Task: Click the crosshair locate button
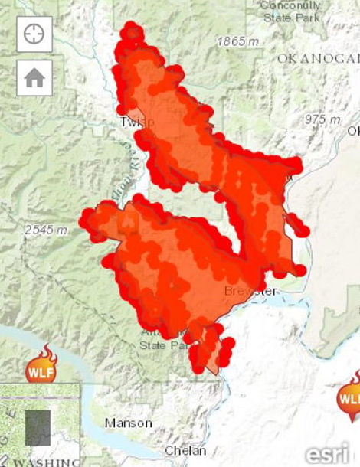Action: (x=34, y=34)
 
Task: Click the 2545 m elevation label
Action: (x=47, y=230)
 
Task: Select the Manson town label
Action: (x=129, y=423)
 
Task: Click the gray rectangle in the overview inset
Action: (x=38, y=427)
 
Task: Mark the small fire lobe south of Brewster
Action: (x=208, y=349)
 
